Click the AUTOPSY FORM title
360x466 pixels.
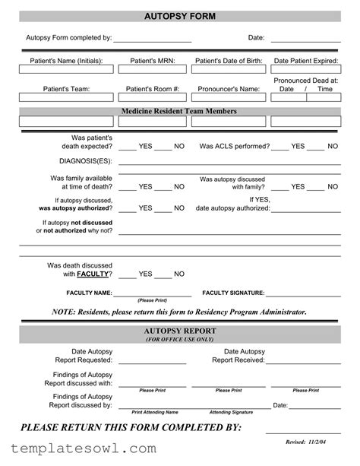click(179, 16)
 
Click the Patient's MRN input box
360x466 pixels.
click(153, 72)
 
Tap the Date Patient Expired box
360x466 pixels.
click(305, 72)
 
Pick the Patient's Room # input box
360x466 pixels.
click(153, 100)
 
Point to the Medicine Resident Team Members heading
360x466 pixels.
click(179, 111)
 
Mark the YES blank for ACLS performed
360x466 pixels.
click(279, 146)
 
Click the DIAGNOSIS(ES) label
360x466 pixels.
click(85, 162)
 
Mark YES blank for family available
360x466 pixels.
click(127, 186)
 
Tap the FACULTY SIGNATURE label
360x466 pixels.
click(233, 293)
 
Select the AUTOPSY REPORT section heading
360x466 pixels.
click(180, 331)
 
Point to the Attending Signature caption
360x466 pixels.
click(231, 412)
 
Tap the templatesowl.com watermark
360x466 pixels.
click(80, 449)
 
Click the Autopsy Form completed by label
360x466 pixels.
click(69, 37)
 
